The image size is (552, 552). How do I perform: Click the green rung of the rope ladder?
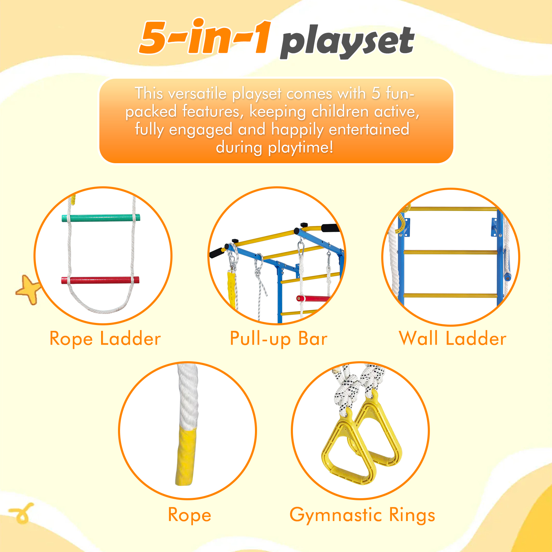101,218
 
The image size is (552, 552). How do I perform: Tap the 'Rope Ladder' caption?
105,338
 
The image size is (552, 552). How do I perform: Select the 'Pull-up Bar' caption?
279,338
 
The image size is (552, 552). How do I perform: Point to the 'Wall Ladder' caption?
453,338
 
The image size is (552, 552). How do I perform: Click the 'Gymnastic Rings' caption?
362,515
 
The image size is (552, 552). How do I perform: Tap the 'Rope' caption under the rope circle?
189,515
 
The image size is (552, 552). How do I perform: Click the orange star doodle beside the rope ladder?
28,289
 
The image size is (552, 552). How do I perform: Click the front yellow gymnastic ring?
348,448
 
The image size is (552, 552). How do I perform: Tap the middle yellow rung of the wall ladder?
451,252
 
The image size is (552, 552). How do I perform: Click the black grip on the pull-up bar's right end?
329,228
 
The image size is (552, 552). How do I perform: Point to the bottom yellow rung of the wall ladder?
451,296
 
